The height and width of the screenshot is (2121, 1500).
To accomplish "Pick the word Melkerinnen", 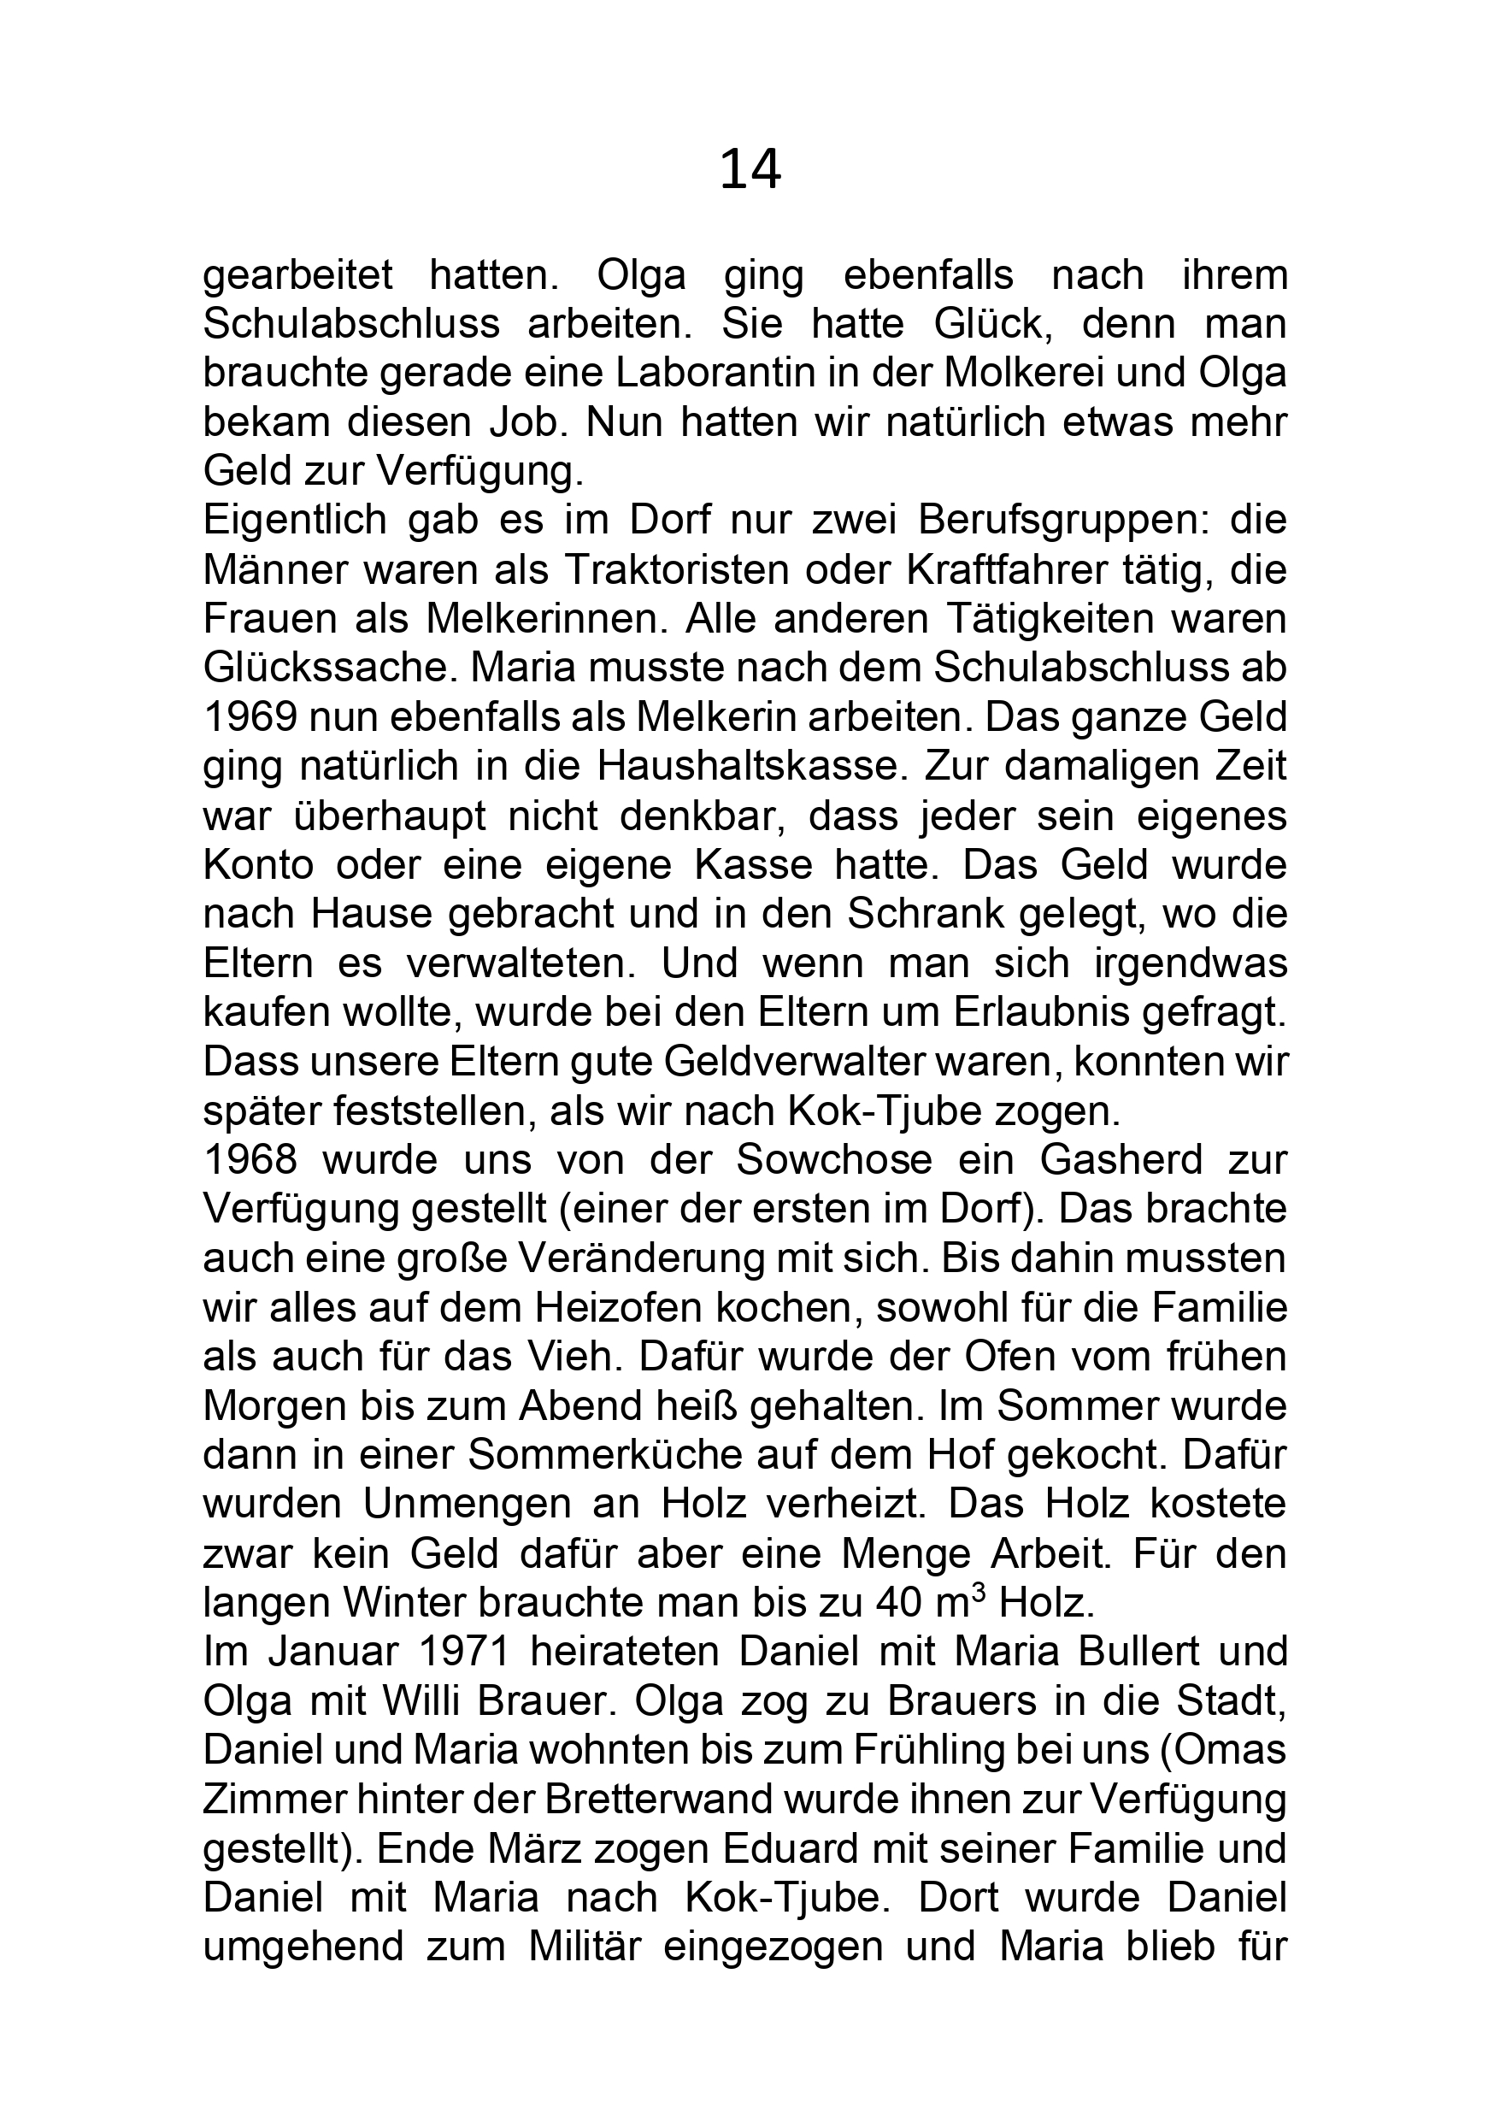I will click(x=546, y=619).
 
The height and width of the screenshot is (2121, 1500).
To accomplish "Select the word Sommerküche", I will click(x=605, y=1455).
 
